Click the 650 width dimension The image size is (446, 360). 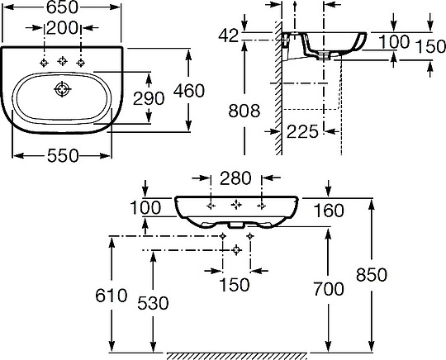click(62, 7)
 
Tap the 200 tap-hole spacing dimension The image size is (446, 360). click(62, 28)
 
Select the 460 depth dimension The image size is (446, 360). click(189, 91)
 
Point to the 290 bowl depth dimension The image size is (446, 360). click(149, 98)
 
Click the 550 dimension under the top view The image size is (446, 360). click(63, 155)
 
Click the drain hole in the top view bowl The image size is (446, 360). click(62, 89)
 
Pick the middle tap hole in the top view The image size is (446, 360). click(62, 61)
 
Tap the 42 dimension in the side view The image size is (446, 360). click(228, 36)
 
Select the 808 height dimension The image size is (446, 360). click(244, 111)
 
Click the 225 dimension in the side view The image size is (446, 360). click(302, 131)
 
